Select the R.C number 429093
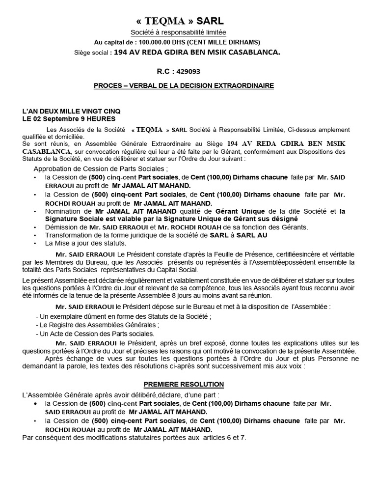(x=188, y=71)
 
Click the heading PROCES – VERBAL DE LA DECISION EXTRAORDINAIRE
(x=184, y=85)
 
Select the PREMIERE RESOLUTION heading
(x=184, y=384)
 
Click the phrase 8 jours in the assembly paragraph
(x=202, y=296)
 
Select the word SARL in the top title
(x=211, y=21)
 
